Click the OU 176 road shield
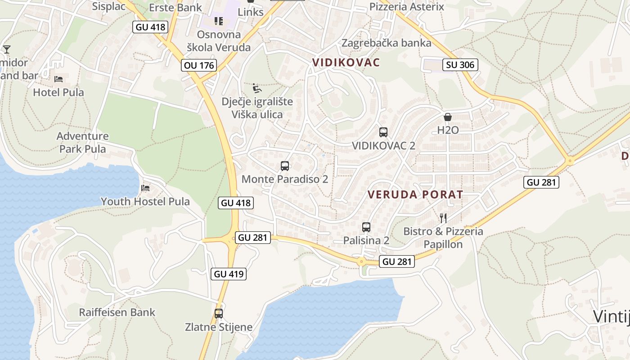pos(199,65)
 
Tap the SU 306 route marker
pos(460,65)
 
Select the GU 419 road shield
pos(229,274)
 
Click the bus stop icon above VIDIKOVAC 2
pos(383,132)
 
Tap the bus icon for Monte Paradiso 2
pos(285,166)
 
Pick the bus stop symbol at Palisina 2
pos(366,227)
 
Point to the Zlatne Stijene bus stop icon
pos(219,314)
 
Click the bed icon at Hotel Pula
pos(58,79)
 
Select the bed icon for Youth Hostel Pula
pos(145,188)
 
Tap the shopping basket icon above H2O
pos(448,117)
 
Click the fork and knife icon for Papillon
pos(443,218)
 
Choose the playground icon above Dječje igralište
pos(257,88)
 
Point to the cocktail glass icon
pos(7,49)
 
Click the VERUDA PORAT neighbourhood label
pos(415,195)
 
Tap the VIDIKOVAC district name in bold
pos(346,63)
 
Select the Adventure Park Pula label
pos(83,142)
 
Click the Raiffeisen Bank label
pos(117,312)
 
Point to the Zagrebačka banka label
pos(387,43)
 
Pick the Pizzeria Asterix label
pos(406,7)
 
